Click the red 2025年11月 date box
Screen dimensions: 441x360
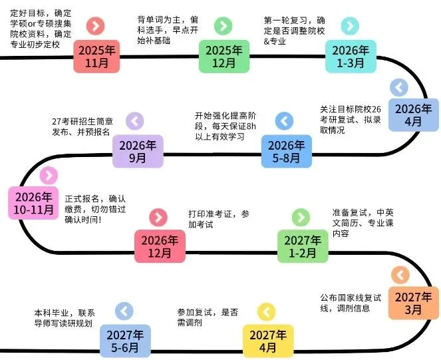tap(96, 57)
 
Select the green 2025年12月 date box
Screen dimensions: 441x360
tap(223, 57)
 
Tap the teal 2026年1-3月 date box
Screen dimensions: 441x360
tap(350, 57)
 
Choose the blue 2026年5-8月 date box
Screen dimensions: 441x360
tap(285, 152)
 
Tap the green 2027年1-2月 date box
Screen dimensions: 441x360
tap(302, 246)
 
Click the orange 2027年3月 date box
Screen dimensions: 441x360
tap(414, 303)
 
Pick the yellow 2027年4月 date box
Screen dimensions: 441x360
tap(266, 340)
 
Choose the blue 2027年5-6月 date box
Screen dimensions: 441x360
tap(125, 340)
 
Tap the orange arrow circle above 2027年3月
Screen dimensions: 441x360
tap(399, 274)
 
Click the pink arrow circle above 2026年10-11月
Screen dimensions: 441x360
tap(48, 176)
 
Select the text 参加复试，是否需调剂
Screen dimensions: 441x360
tap(208, 317)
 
